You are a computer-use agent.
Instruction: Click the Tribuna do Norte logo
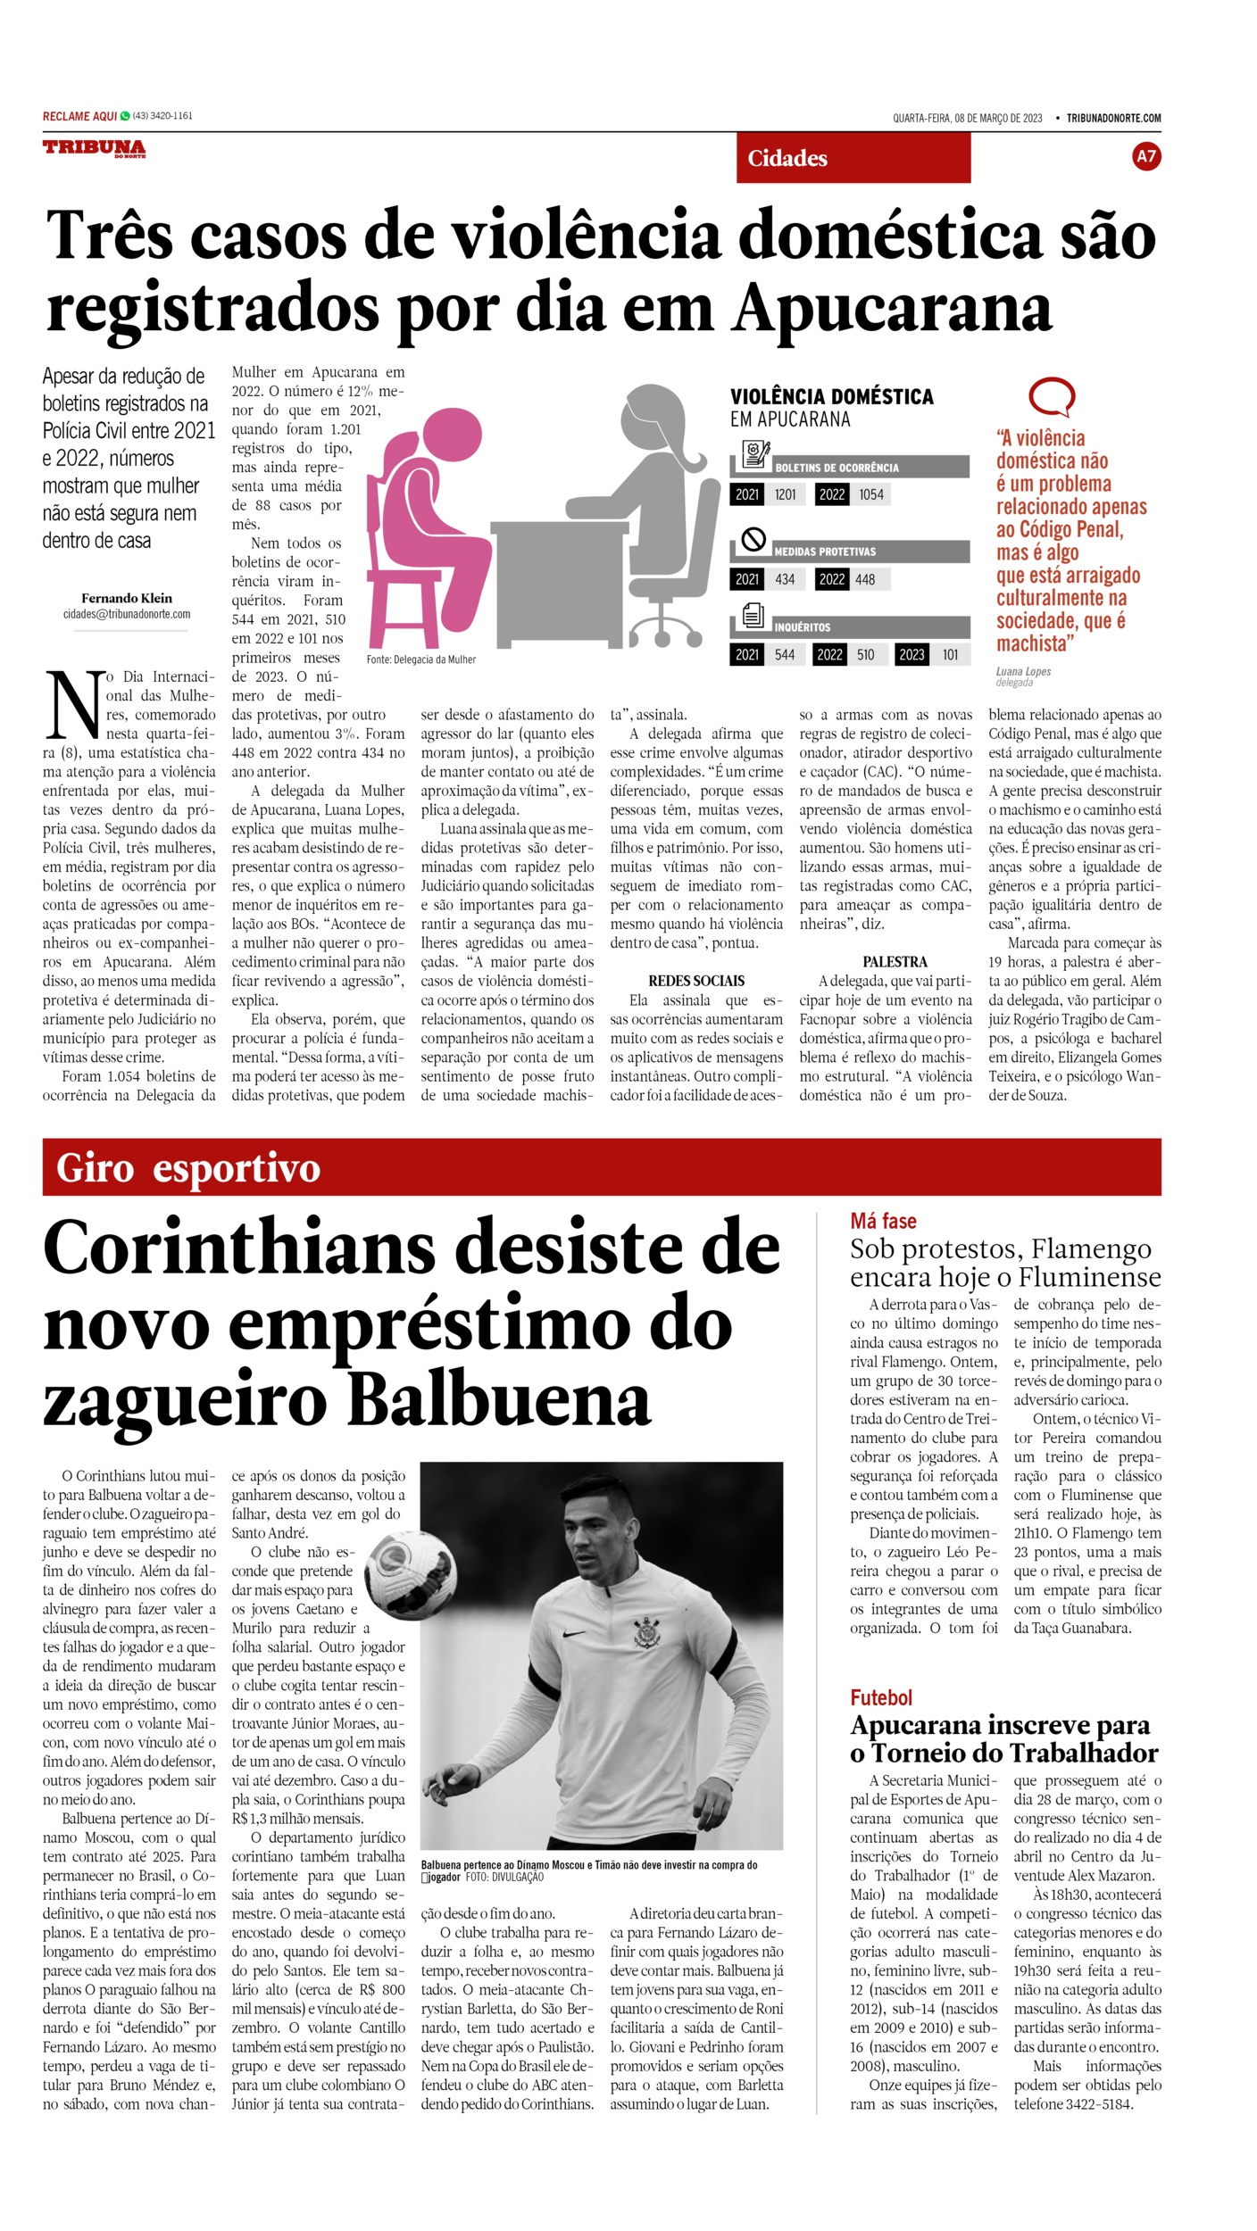94,149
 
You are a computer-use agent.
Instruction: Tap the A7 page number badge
1145,157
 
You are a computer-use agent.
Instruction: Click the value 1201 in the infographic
785,494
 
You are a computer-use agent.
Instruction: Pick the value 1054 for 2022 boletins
870,494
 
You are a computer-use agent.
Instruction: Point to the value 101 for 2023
950,655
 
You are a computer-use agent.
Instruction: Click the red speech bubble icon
1051,396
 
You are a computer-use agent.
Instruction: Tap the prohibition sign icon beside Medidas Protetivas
754,540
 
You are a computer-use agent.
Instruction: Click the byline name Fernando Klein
127,598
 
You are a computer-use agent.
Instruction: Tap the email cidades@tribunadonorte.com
127,614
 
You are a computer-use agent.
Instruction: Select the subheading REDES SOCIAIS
696,981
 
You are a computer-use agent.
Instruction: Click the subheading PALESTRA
895,962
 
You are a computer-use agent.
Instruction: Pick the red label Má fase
883,1221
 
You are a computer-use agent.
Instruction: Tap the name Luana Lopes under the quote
1023,671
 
